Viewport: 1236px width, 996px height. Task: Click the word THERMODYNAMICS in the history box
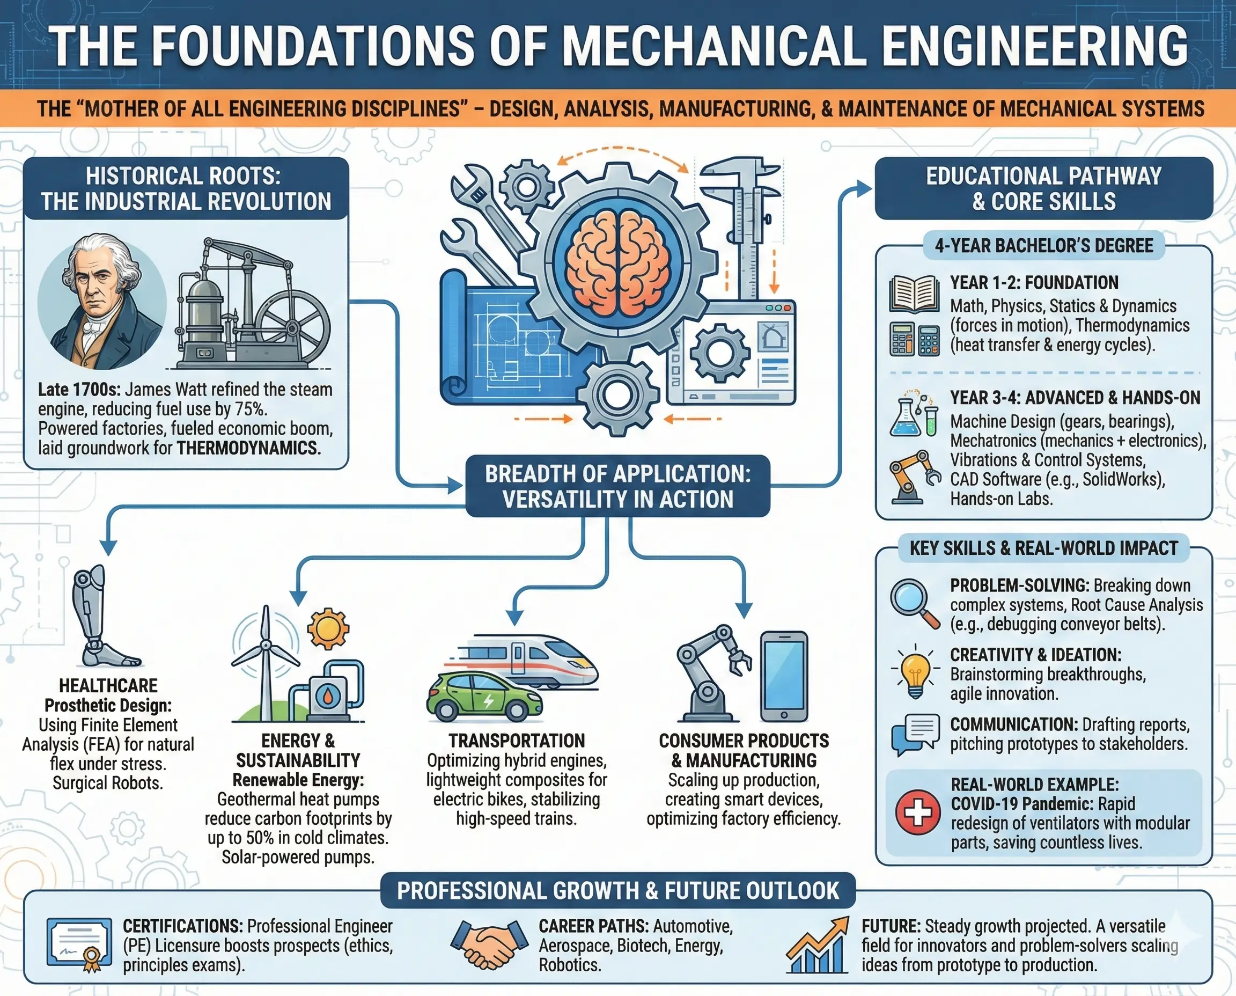(x=248, y=448)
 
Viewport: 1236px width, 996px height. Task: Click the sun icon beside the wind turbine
(x=328, y=629)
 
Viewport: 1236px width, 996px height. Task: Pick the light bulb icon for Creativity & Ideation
(x=915, y=675)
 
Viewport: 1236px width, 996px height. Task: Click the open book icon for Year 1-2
(x=914, y=294)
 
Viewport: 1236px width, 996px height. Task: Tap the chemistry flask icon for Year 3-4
(x=905, y=416)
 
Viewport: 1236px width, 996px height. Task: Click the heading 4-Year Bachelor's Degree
(x=1043, y=246)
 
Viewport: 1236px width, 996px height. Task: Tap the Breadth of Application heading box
(x=617, y=486)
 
